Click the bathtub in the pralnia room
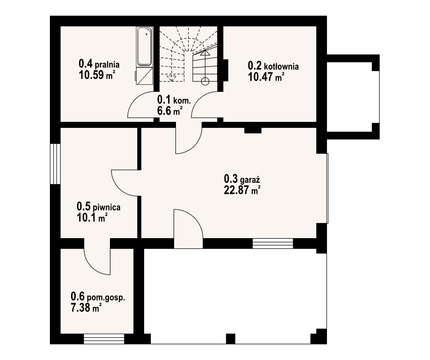point(145,47)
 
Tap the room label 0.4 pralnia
point(99,64)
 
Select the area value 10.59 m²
point(97,75)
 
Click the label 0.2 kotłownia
point(273,66)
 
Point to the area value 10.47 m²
point(266,77)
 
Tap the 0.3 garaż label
point(242,179)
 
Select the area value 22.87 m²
point(242,190)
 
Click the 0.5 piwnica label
point(98,207)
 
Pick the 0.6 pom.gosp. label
point(98,297)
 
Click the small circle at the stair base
point(205,81)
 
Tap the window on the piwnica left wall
point(55,164)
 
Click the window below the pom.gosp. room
point(104,339)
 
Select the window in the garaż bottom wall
point(273,244)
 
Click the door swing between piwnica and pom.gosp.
point(97,261)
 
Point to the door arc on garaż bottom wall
point(188,229)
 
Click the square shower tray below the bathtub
point(145,76)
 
